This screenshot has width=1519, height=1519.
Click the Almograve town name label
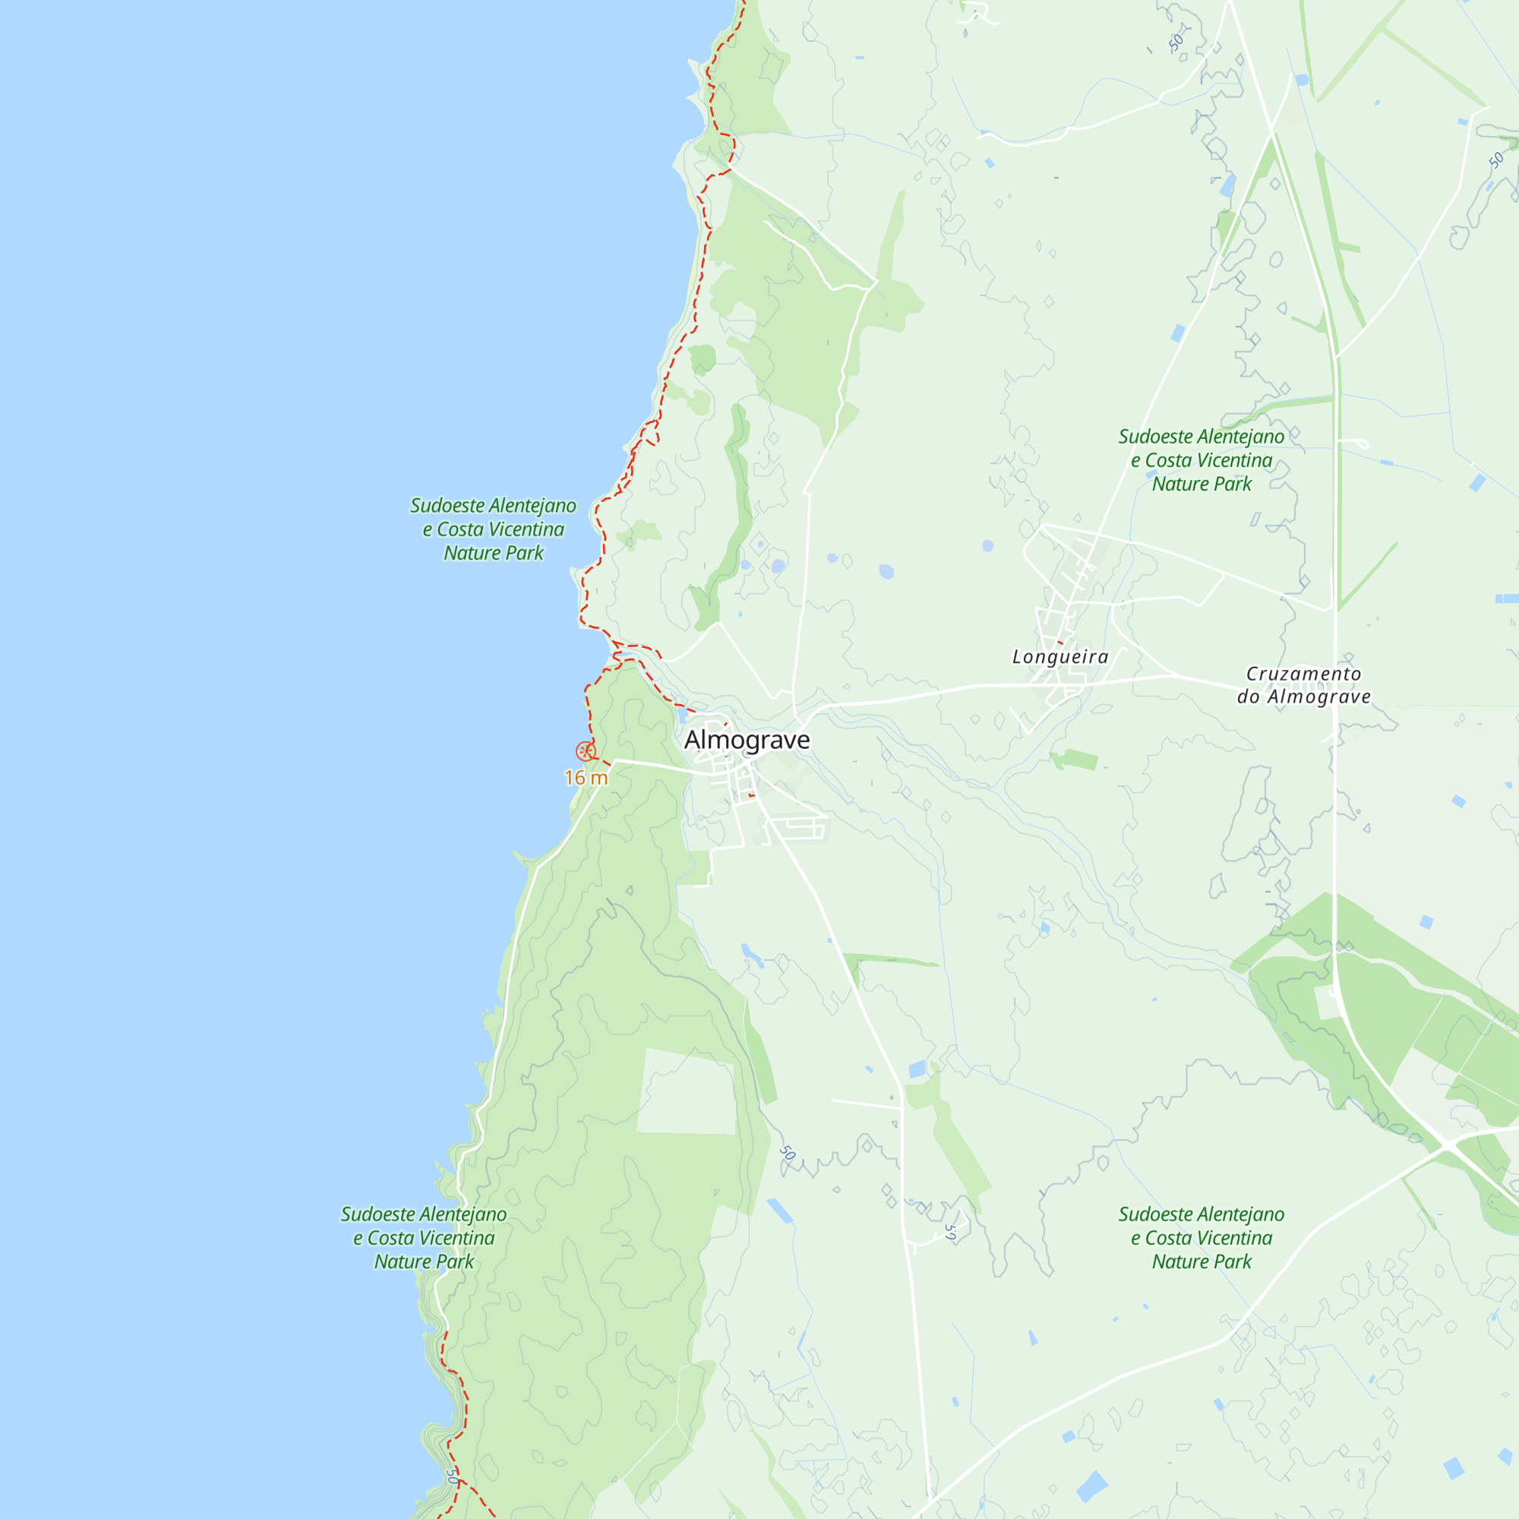746,740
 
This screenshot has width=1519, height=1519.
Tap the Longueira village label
1060,656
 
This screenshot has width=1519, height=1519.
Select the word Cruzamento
1303,674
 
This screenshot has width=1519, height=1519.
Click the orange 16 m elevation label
586,778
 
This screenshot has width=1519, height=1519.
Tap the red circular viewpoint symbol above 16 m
585,751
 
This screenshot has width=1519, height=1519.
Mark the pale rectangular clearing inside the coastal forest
687,1094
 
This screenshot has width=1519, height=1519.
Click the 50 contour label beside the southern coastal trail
451,1476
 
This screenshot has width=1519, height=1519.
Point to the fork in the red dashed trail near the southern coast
460,1480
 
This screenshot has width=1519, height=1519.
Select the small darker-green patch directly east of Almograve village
1075,759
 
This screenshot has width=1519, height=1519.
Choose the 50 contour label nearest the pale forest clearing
787,1154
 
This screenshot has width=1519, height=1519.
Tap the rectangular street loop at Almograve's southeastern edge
797,829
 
